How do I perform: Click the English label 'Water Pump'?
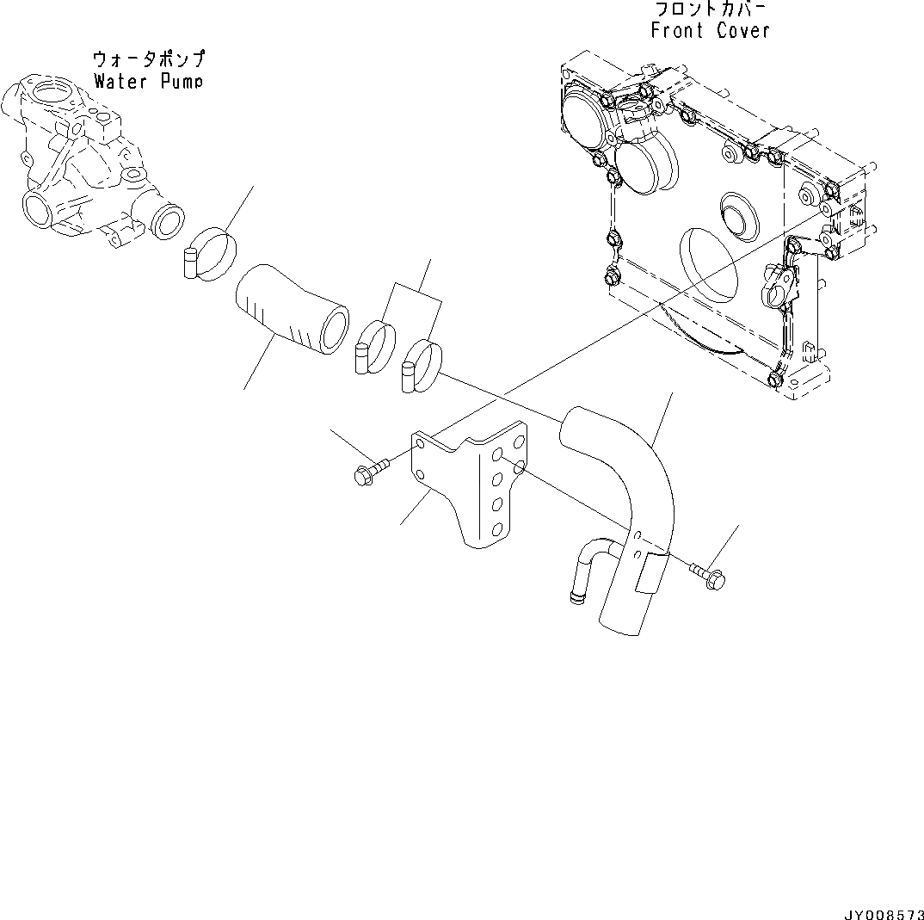(x=148, y=82)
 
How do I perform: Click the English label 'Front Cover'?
(x=710, y=31)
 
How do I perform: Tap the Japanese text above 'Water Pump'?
(x=149, y=59)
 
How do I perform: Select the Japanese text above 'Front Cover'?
(x=709, y=9)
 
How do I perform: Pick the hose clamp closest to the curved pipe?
(x=421, y=366)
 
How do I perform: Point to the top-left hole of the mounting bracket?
(x=420, y=444)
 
